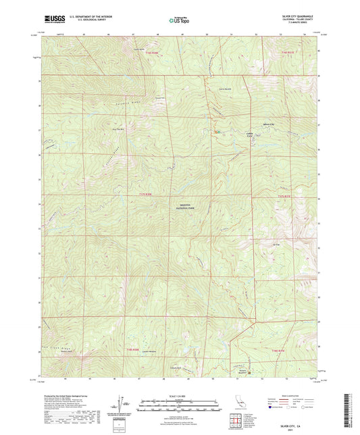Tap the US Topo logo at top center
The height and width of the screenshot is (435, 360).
pos(178,20)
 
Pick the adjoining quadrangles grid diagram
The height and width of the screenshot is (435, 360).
pos(234,424)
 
